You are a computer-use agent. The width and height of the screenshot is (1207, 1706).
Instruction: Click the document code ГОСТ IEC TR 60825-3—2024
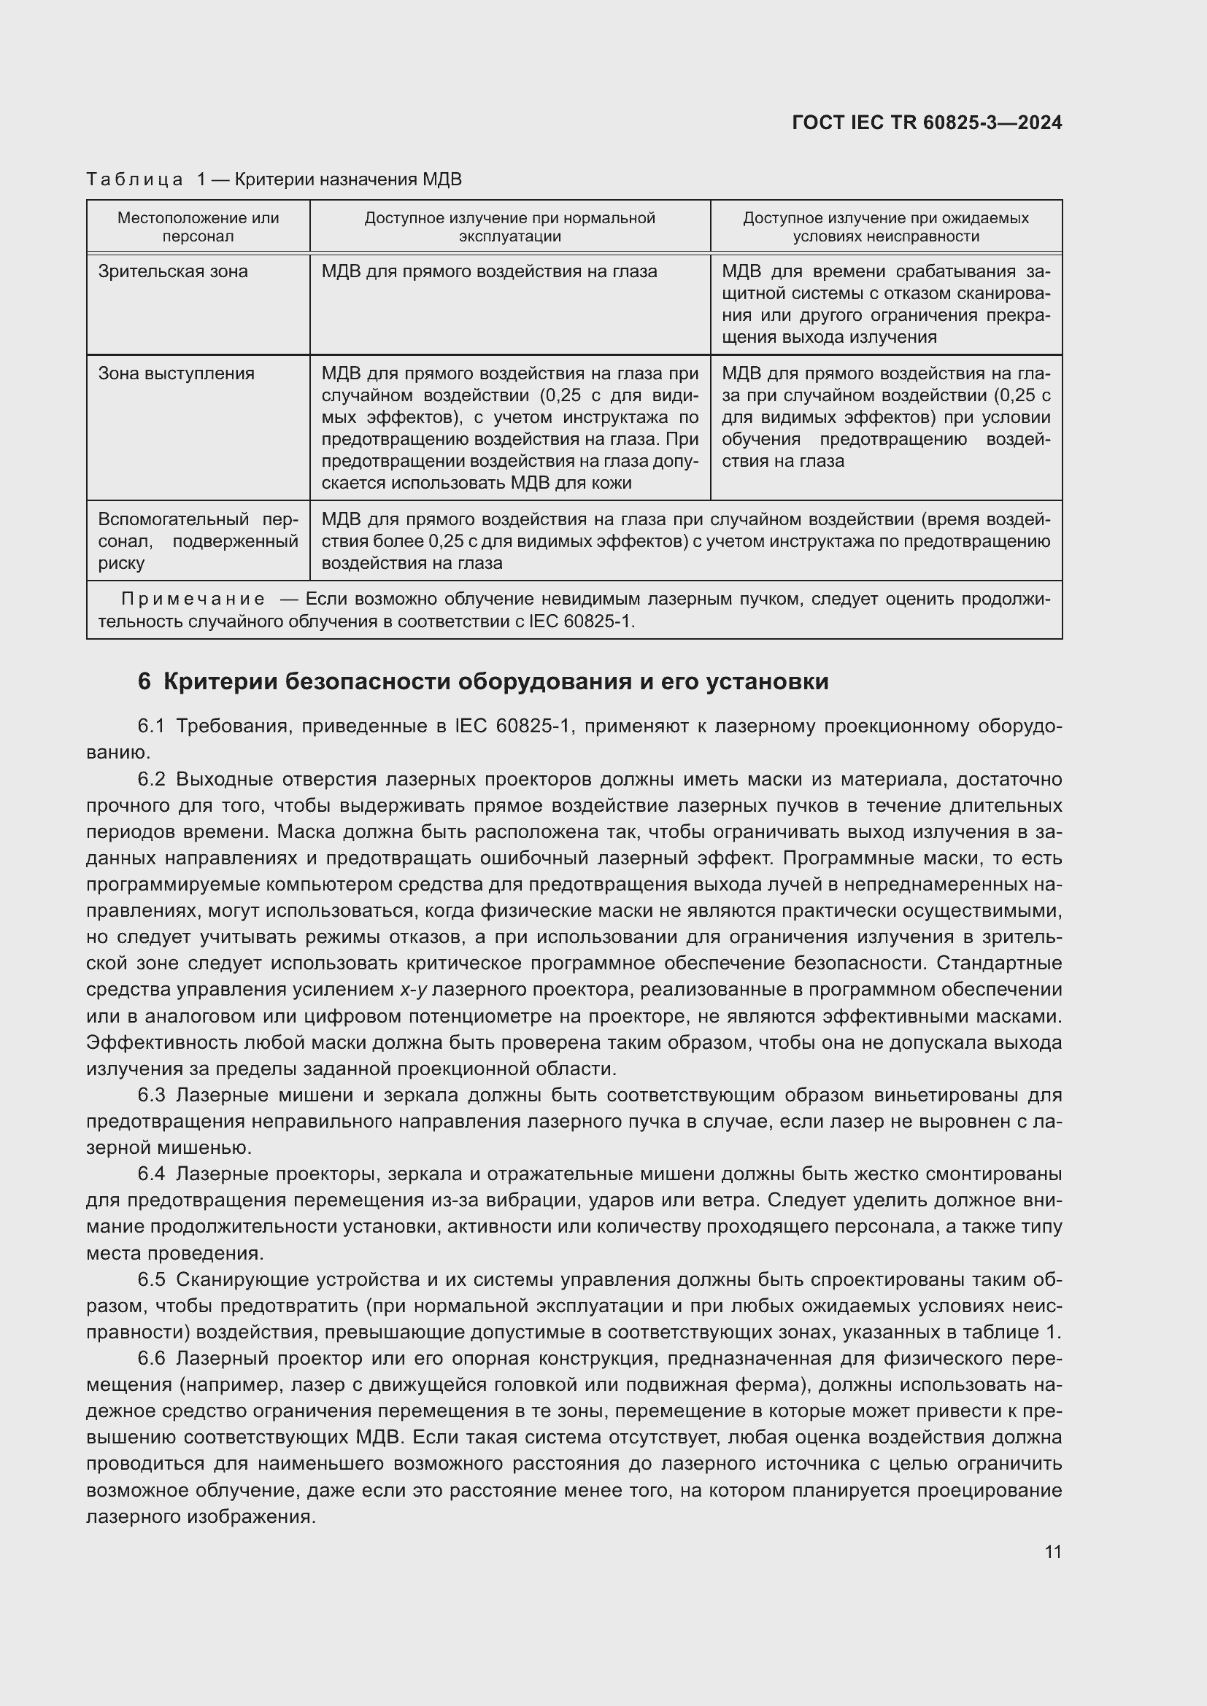coord(927,123)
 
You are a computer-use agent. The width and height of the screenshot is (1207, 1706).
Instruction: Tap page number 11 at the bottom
coord(1052,1551)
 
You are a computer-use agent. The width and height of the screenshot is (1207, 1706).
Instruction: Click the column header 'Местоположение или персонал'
coord(198,227)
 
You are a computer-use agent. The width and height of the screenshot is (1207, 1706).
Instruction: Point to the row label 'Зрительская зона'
coord(172,272)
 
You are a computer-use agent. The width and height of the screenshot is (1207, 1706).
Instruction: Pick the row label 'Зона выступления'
coord(176,373)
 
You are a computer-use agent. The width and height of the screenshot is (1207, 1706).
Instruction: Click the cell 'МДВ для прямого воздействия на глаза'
coord(489,272)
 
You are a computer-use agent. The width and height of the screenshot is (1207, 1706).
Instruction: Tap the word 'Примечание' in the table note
coord(193,599)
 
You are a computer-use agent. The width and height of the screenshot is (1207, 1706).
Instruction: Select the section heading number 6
coord(144,681)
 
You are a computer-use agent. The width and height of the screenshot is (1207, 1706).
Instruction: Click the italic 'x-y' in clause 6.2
coord(413,990)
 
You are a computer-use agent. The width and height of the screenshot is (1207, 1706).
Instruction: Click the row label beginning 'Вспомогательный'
coord(198,519)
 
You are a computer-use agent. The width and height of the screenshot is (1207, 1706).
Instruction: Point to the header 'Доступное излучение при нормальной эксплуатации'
coord(509,227)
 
